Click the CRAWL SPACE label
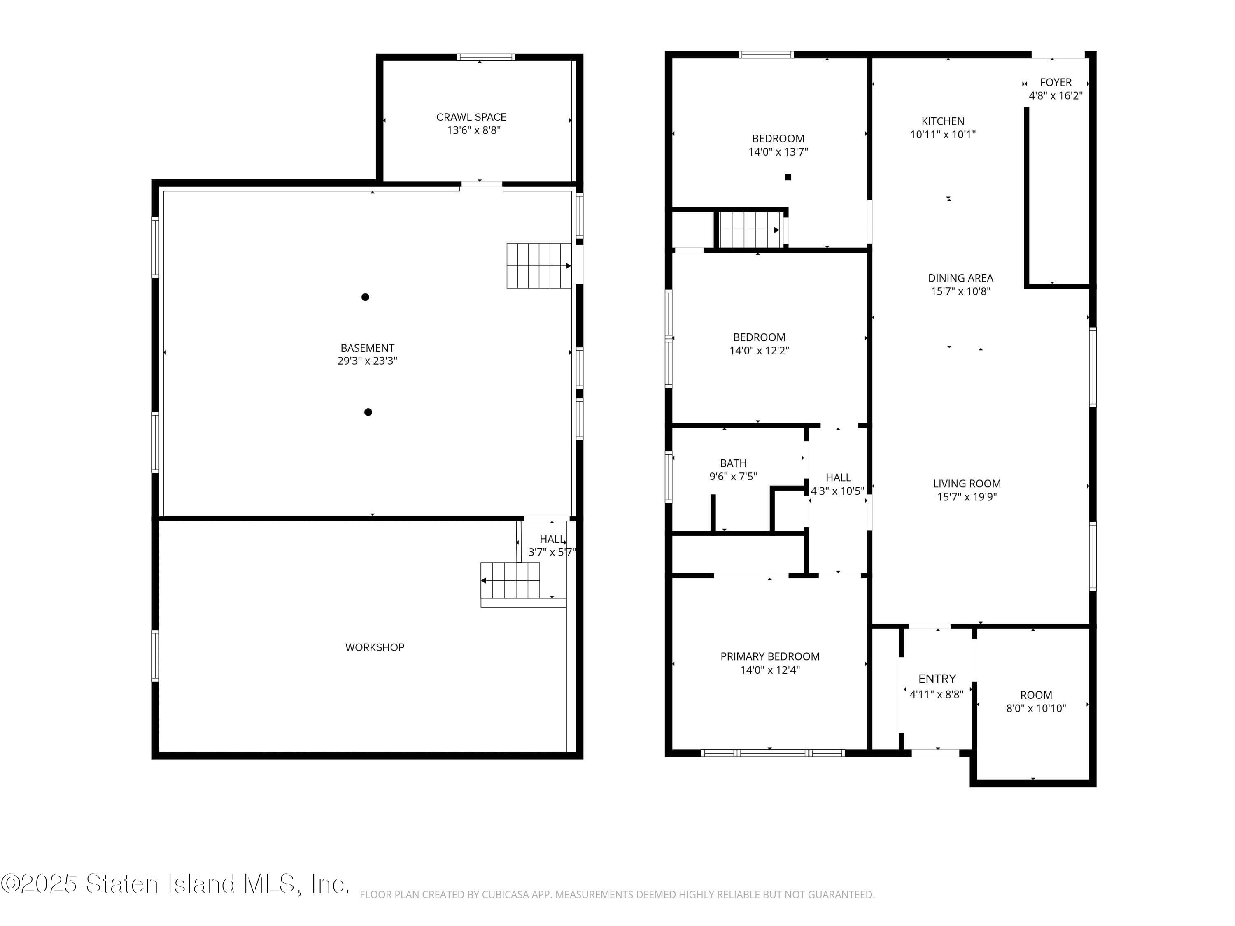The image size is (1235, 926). click(x=471, y=116)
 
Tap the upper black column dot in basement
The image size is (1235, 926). click(x=365, y=297)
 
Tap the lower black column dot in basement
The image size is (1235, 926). click(x=368, y=412)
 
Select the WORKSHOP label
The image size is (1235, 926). click(x=375, y=647)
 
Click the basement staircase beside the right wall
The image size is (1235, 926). click(x=538, y=266)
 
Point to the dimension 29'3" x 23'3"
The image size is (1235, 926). click(x=367, y=361)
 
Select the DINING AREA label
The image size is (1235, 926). click(x=960, y=278)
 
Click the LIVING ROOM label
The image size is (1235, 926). click(x=967, y=484)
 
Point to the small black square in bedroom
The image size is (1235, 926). click(x=788, y=177)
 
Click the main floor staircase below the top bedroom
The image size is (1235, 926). click(x=749, y=229)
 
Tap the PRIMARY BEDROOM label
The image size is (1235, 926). click(x=770, y=656)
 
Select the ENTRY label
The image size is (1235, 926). click(x=937, y=679)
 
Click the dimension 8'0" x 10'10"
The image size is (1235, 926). click(x=1036, y=708)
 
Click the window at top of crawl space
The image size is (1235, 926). click(x=485, y=57)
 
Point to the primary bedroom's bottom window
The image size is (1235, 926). click(x=772, y=753)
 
